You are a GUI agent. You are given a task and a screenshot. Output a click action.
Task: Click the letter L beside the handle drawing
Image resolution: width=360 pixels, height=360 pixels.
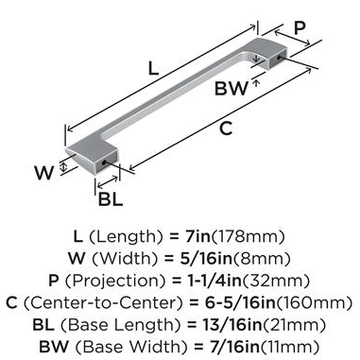(153, 68)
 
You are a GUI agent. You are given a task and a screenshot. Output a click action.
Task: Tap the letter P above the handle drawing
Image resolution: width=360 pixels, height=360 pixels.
(300, 28)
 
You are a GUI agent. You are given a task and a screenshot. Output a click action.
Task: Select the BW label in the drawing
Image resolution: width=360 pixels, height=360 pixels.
(231, 88)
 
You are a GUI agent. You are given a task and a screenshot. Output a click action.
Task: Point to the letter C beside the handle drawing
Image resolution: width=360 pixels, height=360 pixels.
(226, 129)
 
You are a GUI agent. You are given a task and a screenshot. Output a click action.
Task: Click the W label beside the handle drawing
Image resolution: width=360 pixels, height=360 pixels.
(43, 173)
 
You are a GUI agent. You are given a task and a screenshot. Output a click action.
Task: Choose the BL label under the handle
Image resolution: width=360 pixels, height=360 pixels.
(111, 199)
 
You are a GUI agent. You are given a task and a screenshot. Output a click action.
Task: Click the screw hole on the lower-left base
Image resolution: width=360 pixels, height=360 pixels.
(104, 163)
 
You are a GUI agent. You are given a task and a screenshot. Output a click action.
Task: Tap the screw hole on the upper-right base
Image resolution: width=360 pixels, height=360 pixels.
(279, 57)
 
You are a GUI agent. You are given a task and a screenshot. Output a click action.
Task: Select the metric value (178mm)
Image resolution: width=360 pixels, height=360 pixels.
(247, 237)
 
